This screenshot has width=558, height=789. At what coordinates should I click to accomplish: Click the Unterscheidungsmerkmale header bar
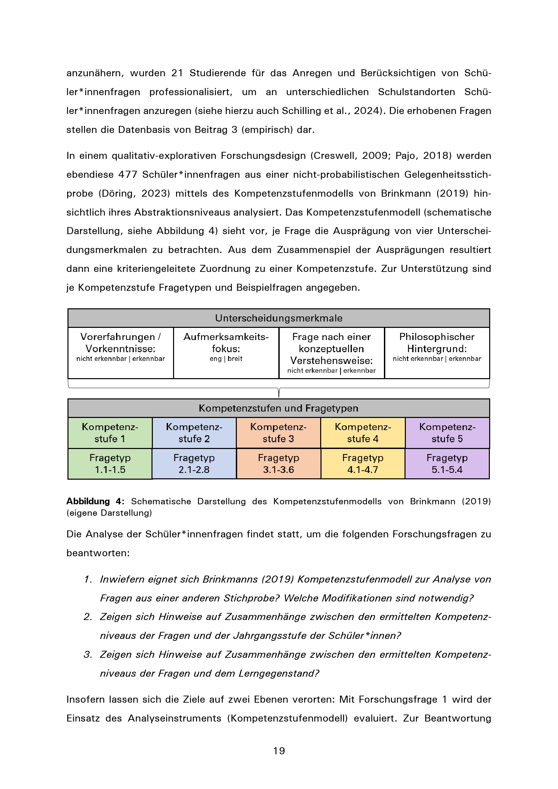click(x=279, y=318)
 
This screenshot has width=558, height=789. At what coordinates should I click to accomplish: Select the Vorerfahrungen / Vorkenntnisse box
click(x=120, y=353)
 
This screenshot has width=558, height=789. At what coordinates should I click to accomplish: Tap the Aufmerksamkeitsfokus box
click(x=226, y=353)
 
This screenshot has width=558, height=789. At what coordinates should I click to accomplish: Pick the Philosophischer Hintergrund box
click(x=437, y=353)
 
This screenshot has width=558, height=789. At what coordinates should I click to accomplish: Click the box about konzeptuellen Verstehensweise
click(x=332, y=353)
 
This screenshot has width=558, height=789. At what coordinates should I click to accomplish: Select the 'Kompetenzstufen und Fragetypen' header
click(x=279, y=408)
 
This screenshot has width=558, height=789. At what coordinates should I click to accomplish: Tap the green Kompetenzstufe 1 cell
click(x=110, y=433)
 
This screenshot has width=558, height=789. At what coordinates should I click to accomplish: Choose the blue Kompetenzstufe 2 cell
click(x=194, y=433)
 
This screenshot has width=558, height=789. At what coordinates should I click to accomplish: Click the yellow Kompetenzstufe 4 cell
click(x=363, y=433)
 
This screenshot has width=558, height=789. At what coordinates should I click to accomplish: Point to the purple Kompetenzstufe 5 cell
click(x=447, y=433)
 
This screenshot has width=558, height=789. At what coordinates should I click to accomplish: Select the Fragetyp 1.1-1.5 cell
click(x=110, y=463)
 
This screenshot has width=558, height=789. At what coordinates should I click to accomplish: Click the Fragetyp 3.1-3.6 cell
click(x=279, y=463)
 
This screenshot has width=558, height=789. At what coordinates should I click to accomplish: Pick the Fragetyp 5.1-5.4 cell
click(x=447, y=463)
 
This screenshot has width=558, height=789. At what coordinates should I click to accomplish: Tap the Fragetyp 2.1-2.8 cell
click(x=194, y=463)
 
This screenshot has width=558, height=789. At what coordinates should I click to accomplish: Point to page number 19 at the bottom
click(x=279, y=751)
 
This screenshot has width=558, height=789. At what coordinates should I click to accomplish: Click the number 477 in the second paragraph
click(x=128, y=175)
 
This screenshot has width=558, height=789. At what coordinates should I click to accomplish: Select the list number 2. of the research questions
click(x=88, y=617)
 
